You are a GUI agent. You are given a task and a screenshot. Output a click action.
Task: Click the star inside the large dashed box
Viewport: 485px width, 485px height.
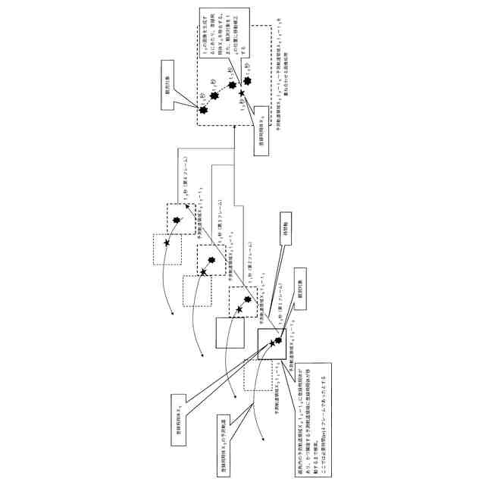tap(242, 93)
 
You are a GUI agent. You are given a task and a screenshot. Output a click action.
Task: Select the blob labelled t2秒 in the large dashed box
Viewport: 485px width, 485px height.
tap(214, 97)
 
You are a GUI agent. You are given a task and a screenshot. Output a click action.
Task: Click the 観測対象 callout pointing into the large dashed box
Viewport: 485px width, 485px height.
tap(177, 89)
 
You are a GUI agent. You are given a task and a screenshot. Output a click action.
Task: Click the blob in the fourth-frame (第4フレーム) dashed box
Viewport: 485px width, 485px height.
tap(177, 219)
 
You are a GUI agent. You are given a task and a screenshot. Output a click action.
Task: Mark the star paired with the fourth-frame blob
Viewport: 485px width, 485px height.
tap(167, 241)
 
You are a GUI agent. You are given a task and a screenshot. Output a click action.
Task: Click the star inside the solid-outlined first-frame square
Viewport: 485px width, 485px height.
tap(271, 343)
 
